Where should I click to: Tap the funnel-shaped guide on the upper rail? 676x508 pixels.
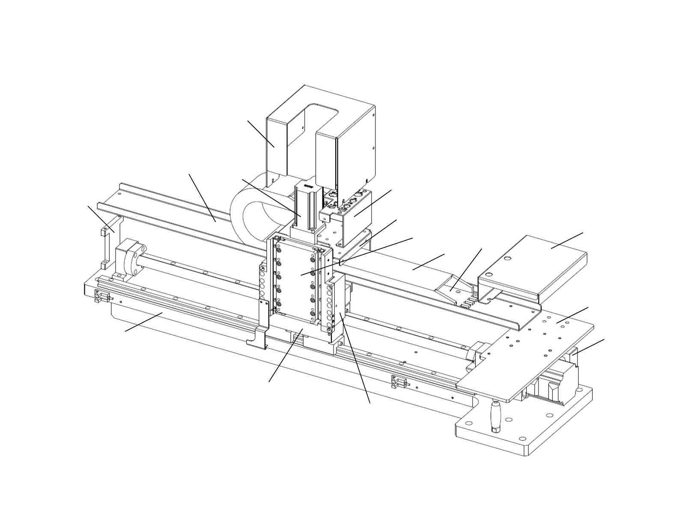(452, 287)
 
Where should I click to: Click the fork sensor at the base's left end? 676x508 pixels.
(99, 296)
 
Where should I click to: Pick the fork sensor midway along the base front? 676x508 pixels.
(396, 381)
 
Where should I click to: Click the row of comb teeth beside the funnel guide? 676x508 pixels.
(468, 303)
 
